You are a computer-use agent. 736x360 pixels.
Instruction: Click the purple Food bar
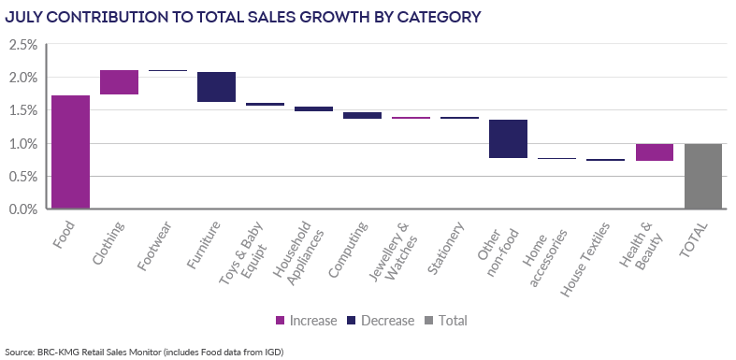[70, 152]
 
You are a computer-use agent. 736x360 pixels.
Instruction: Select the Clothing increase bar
[119, 82]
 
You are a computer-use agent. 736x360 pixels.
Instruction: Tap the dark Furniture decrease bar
[216, 87]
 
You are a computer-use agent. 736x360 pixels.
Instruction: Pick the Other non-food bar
[509, 138]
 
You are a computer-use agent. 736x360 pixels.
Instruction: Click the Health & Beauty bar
[655, 152]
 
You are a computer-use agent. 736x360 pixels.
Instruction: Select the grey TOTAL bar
[702, 176]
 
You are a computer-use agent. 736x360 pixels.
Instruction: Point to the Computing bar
[362, 115]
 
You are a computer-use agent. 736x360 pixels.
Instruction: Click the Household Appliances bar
[313, 108]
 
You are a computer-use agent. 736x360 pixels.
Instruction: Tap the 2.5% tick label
[23, 45]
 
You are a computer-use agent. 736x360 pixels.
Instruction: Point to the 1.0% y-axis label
[23, 144]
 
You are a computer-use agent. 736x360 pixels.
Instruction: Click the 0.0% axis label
[23, 209]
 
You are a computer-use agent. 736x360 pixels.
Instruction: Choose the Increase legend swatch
[280, 321]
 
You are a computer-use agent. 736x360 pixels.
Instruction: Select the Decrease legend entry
[381, 321]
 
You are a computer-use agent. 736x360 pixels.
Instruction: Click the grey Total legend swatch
[429, 321]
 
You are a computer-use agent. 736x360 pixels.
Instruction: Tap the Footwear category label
[154, 246]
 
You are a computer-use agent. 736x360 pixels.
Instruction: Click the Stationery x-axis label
[446, 247]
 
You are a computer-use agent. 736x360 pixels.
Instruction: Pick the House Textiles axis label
[585, 260]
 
